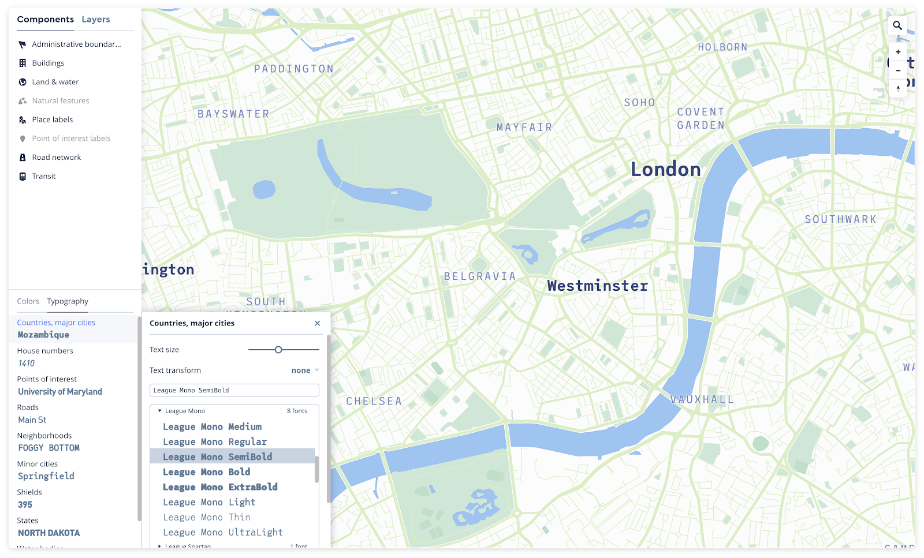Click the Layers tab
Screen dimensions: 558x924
click(95, 20)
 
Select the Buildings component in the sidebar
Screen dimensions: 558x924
click(48, 63)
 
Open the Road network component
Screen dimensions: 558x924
click(56, 158)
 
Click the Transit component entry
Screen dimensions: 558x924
click(44, 177)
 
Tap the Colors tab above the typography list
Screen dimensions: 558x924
click(28, 301)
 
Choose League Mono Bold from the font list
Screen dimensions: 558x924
click(206, 472)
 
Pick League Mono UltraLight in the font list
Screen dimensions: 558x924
click(222, 533)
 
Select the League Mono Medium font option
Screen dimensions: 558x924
click(212, 427)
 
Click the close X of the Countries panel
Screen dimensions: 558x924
click(317, 323)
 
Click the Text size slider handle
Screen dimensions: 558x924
click(278, 350)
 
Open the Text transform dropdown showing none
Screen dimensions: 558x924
click(305, 370)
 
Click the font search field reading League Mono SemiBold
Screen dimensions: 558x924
click(234, 391)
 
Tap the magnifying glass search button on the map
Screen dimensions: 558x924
click(897, 25)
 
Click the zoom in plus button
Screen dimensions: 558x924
click(898, 52)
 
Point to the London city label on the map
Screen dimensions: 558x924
click(665, 170)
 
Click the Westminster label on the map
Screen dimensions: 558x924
click(598, 286)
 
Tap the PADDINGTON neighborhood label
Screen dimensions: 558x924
click(294, 69)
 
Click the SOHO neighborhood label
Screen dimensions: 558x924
click(639, 103)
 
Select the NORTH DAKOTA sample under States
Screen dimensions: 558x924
click(49, 533)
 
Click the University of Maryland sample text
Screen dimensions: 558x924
click(60, 392)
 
